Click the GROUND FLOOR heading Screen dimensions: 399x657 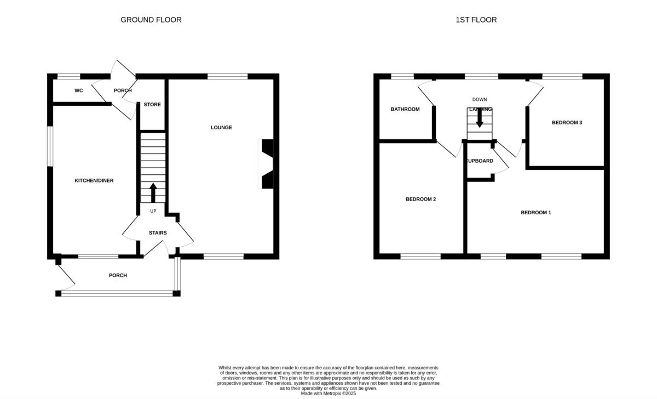click(151, 20)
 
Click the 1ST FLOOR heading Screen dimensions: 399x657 click(476, 20)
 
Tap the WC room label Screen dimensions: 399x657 click(79, 90)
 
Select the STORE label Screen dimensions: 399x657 click(152, 105)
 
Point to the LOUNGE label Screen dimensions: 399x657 click(221, 128)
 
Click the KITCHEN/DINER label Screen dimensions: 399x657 click(94, 180)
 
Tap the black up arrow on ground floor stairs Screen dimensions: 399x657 click(153, 192)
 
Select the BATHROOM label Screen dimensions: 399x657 click(405, 109)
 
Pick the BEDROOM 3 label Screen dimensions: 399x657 click(567, 123)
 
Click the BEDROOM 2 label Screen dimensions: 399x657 click(420, 200)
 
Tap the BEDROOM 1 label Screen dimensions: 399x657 click(535, 213)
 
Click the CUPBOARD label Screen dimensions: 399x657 click(480, 161)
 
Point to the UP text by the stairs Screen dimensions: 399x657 click(153, 211)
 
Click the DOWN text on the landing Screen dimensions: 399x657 click(480, 100)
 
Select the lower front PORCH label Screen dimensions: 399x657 click(118, 276)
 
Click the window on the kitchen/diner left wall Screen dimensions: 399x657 click(49, 146)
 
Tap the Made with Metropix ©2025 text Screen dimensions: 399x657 click(328, 393)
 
